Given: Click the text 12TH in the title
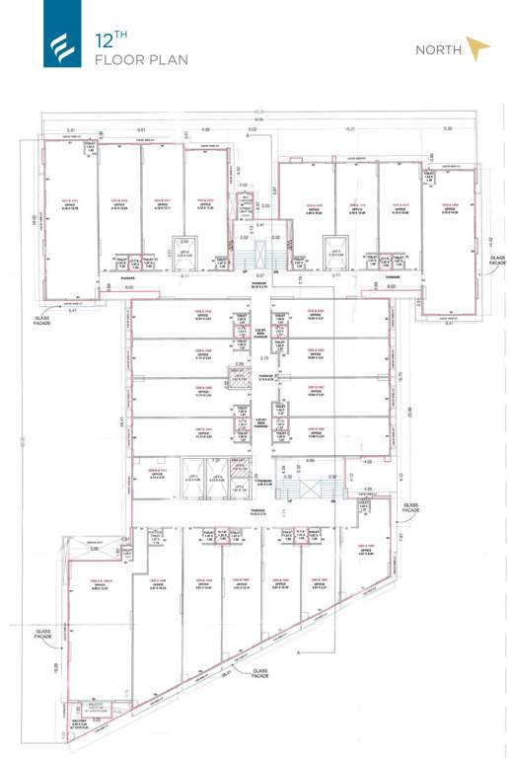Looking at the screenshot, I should pyautogui.click(x=110, y=41).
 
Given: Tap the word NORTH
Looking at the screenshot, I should pyautogui.click(x=439, y=49).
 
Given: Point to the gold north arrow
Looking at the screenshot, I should pyautogui.click(x=477, y=48).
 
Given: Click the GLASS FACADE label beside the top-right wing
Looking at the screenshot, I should pyautogui.click(x=497, y=261).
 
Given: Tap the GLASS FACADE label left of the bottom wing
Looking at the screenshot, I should pyautogui.click(x=42, y=635).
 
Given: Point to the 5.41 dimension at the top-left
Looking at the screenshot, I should pyautogui.click(x=71, y=129).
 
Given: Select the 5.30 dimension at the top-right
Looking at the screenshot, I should pyautogui.click(x=447, y=129).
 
